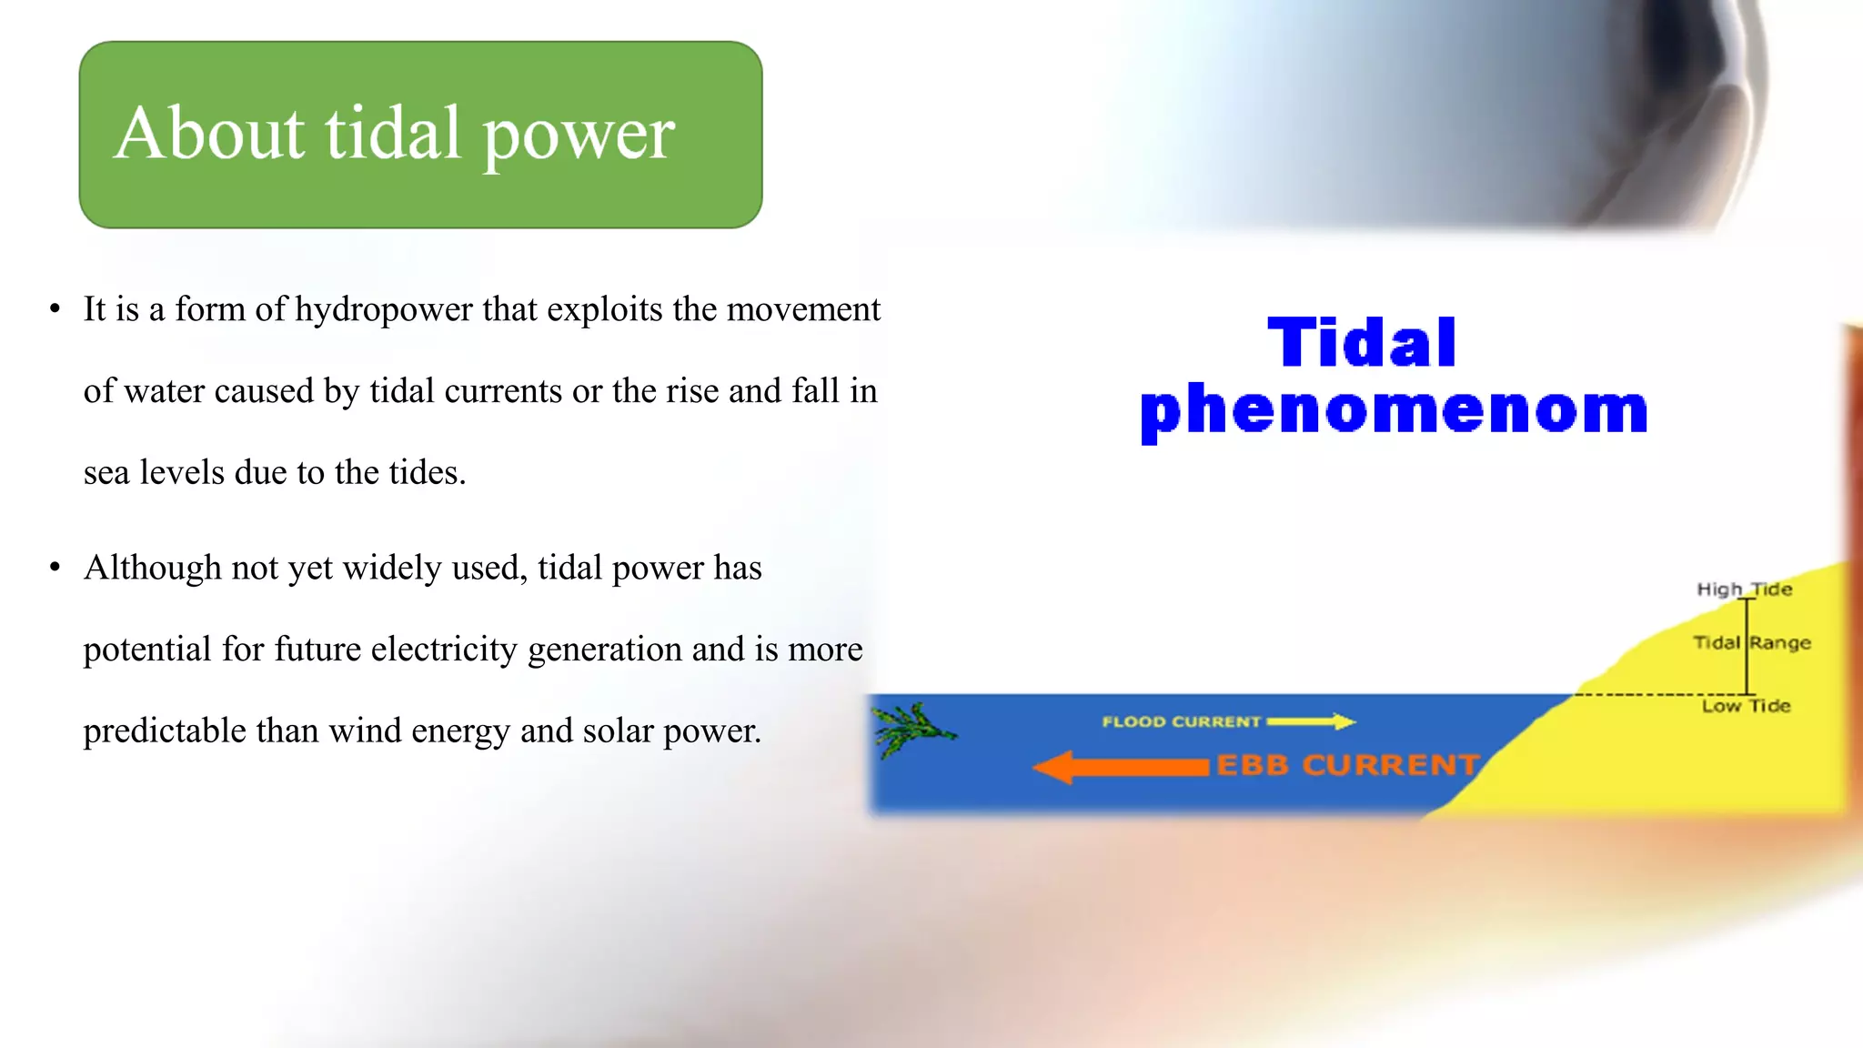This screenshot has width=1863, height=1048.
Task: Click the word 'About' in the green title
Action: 208,133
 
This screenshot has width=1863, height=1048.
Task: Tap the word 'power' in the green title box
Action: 579,136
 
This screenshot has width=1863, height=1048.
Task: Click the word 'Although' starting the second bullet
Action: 152,569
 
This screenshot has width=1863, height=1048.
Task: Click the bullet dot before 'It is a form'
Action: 55,310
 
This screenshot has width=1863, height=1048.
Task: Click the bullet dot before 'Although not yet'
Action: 55,569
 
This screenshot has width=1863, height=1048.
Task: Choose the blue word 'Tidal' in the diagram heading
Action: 1362,343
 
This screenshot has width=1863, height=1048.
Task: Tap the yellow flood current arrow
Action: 1311,721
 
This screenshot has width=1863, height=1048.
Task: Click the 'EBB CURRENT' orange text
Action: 1347,765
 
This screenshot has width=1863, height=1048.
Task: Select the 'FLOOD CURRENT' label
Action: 1181,721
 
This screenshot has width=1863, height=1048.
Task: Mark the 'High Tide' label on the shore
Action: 1743,589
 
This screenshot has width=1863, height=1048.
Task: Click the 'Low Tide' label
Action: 1746,706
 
